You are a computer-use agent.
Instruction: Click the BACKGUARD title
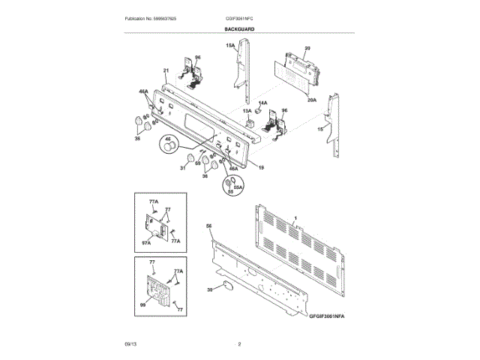click(239, 28)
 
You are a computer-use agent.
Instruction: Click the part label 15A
click(231, 46)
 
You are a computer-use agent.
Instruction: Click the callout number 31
click(182, 168)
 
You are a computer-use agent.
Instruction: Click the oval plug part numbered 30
click(227, 286)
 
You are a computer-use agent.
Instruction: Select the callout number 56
click(209, 226)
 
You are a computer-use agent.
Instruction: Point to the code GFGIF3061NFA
click(330, 317)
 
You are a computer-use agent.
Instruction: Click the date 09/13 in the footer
click(130, 343)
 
